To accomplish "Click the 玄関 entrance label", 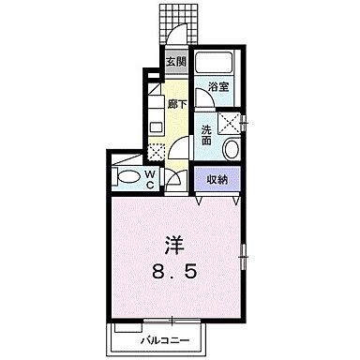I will [x=175, y=63].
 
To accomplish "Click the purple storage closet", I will [x=217, y=178].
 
